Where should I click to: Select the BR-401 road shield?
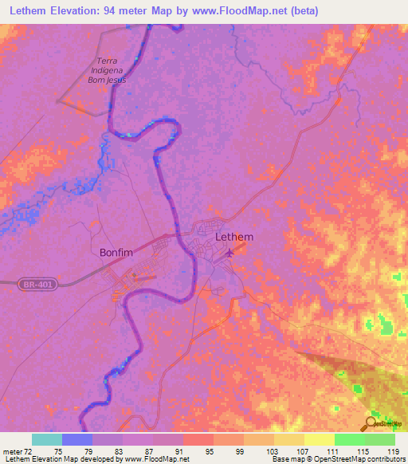34,283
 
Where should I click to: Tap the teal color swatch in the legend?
47,439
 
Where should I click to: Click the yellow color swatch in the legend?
319,439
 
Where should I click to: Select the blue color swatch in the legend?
77,439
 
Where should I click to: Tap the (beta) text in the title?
347,12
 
